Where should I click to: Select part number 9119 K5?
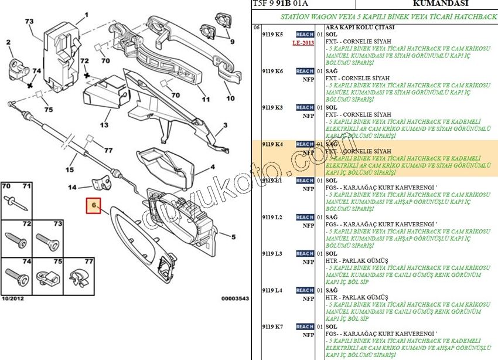272,35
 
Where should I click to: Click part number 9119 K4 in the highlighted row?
272,144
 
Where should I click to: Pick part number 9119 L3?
272,253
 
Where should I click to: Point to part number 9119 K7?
272,326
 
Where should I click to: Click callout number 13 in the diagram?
104,125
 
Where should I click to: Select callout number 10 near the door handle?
230,98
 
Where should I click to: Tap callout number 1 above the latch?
86,15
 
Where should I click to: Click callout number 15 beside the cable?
70,170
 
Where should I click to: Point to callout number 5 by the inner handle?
233,237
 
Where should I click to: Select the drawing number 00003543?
235,298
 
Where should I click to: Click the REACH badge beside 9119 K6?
305,71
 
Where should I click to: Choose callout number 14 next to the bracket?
71,188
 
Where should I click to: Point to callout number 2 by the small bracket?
9,42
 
